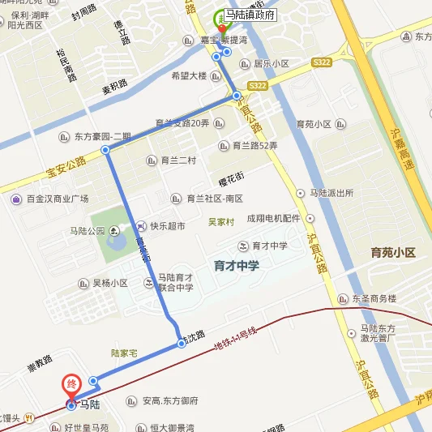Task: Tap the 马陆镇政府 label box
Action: point(250,15)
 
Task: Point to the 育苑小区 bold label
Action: point(392,252)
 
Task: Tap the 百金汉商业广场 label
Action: point(56,199)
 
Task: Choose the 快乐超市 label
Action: point(167,226)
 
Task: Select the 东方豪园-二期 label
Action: point(102,137)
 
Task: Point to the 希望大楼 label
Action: point(189,76)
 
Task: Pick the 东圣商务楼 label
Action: point(374,298)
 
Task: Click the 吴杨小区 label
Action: point(109,284)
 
